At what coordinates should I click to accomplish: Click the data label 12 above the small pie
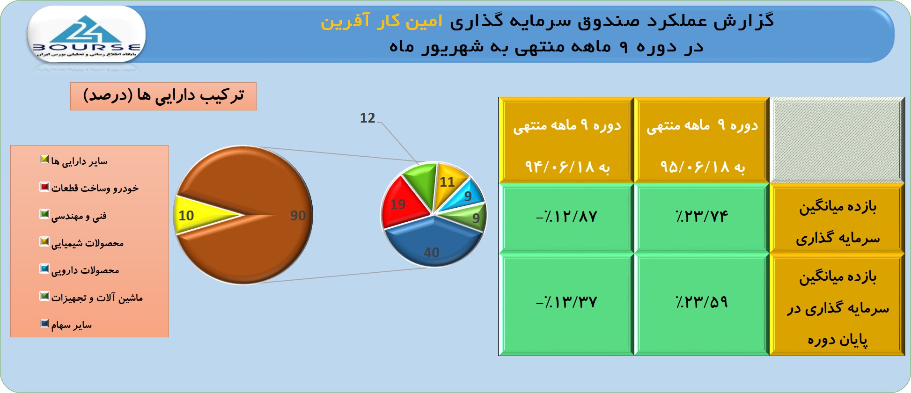pos(367,118)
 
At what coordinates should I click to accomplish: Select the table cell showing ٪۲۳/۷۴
pos(702,217)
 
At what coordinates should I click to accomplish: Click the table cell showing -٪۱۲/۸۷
pos(566,217)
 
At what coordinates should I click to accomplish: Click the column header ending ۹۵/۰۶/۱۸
pos(702,140)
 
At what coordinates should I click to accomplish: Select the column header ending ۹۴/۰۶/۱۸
pos(566,140)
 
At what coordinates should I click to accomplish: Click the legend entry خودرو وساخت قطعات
pos(89,188)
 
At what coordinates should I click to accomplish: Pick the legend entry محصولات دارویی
pos(80,270)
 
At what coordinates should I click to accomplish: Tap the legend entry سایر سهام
pos(66,325)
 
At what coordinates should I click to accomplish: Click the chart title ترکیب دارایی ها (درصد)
pos(163,96)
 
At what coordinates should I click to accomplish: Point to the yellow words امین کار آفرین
pos(382,22)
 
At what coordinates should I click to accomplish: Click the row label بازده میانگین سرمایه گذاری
pos(838,222)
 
